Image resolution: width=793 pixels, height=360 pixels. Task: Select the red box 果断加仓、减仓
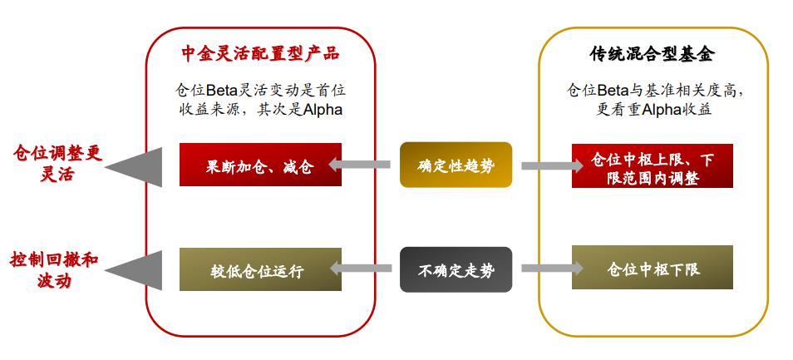(260, 165)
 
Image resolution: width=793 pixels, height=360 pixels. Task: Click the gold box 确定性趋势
(456, 165)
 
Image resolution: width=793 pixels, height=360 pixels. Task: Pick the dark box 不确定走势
(456, 269)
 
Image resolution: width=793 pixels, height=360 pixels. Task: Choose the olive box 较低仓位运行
(260, 269)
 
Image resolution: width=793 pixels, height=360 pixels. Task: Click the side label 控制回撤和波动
(55, 269)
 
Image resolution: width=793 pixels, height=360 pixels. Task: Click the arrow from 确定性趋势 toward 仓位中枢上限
(552, 165)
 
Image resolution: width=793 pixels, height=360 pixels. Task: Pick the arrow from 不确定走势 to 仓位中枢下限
(552, 269)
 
